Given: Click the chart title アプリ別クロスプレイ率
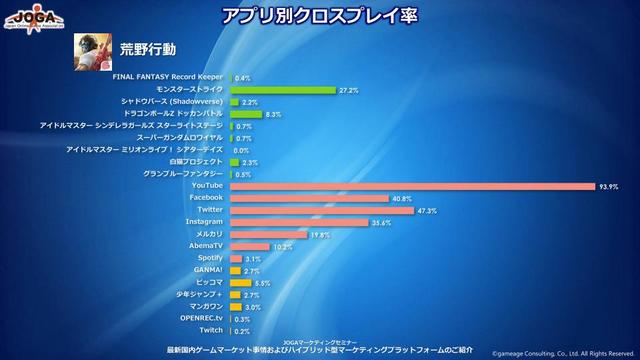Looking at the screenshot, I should pyautogui.click(x=319, y=16).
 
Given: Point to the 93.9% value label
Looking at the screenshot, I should pyautogui.click(x=608, y=186).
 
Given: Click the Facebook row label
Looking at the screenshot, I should pyautogui.click(x=205, y=198).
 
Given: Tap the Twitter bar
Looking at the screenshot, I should pyautogui.click(x=321, y=210).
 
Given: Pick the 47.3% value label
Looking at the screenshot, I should pyautogui.click(x=427, y=210).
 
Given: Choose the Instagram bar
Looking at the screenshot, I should pyautogui.click(x=299, y=222).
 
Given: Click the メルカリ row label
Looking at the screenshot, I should pyautogui.click(x=208, y=234).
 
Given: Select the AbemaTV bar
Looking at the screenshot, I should pyautogui.click(x=249, y=246).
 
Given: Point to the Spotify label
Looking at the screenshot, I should pyautogui.click(x=209, y=258).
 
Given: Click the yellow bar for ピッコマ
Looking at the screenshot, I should pyautogui.click(x=240, y=283).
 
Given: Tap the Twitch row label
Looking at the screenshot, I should pyautogui.click(x=211, y=330).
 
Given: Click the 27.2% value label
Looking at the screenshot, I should pyautogui.click(x=349, y=90).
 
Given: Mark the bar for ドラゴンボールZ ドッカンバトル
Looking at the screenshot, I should pyautogui.click(x=245, y=114).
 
